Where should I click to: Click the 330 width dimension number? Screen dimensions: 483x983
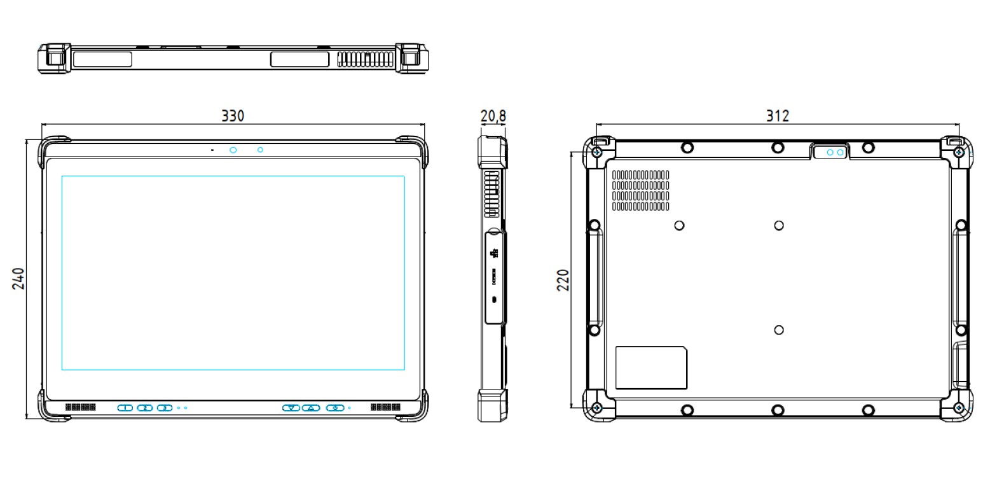(233, 116)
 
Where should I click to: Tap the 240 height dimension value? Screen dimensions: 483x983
(18, 278)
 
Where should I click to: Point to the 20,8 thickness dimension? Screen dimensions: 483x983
(493, 116)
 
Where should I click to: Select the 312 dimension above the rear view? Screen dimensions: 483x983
(777, 116)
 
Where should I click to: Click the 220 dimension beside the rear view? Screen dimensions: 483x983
(563, 279)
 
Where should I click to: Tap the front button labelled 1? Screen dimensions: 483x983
(125, 407)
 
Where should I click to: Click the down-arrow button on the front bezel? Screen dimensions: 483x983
(291, 407)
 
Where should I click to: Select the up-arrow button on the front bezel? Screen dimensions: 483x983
(310, 407)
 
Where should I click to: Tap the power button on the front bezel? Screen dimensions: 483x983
(334, 407)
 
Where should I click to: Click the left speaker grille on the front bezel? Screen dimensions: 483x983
(80, 407)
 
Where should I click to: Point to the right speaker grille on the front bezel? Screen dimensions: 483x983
(385, 407)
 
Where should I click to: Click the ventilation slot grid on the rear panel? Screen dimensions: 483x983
(640, 190)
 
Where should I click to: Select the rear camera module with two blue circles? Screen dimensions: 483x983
(830, 153)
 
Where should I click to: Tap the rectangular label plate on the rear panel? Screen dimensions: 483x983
(651, 368)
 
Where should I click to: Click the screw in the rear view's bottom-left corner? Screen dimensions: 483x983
(596, 407)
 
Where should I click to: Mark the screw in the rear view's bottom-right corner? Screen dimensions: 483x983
(959, 407)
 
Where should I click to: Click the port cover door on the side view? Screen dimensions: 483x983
(495, 277)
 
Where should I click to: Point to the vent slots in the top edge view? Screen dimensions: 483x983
(365, 59)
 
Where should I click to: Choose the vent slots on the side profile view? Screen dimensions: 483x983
(491, 193)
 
